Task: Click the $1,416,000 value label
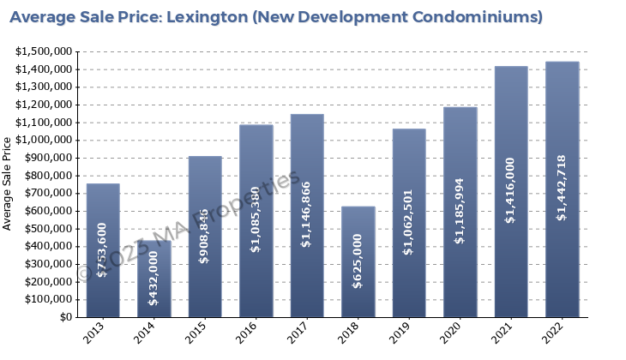[x=510, y=190]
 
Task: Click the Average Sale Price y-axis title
[x=8, y=185]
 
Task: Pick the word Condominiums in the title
[x=466, y=16]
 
